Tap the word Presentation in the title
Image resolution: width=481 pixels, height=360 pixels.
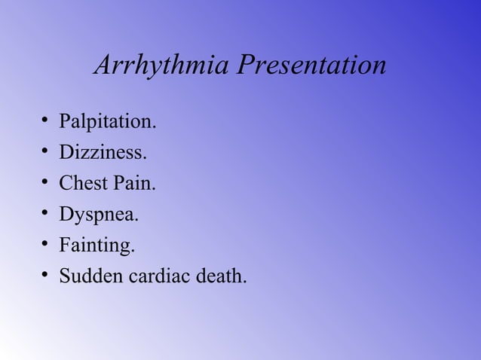click(311, 66)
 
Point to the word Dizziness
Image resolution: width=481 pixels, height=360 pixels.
click(103, 153)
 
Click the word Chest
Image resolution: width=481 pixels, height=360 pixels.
click(85, 184)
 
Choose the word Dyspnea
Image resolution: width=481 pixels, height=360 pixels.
click(99, 215)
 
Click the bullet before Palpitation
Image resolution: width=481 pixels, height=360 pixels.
click(46, 122)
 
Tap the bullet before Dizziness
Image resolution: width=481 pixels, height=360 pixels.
click(46, 153)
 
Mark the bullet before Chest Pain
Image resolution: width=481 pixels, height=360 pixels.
click(46, 184)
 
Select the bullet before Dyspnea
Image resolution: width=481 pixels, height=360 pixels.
click(46, 215)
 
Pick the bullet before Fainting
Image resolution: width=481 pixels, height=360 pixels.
click(46, 246)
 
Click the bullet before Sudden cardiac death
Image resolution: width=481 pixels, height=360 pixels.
click(46, 276)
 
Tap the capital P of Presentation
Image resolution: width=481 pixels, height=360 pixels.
click(245, 66)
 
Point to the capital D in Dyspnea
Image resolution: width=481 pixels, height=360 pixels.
click(66, 215)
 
